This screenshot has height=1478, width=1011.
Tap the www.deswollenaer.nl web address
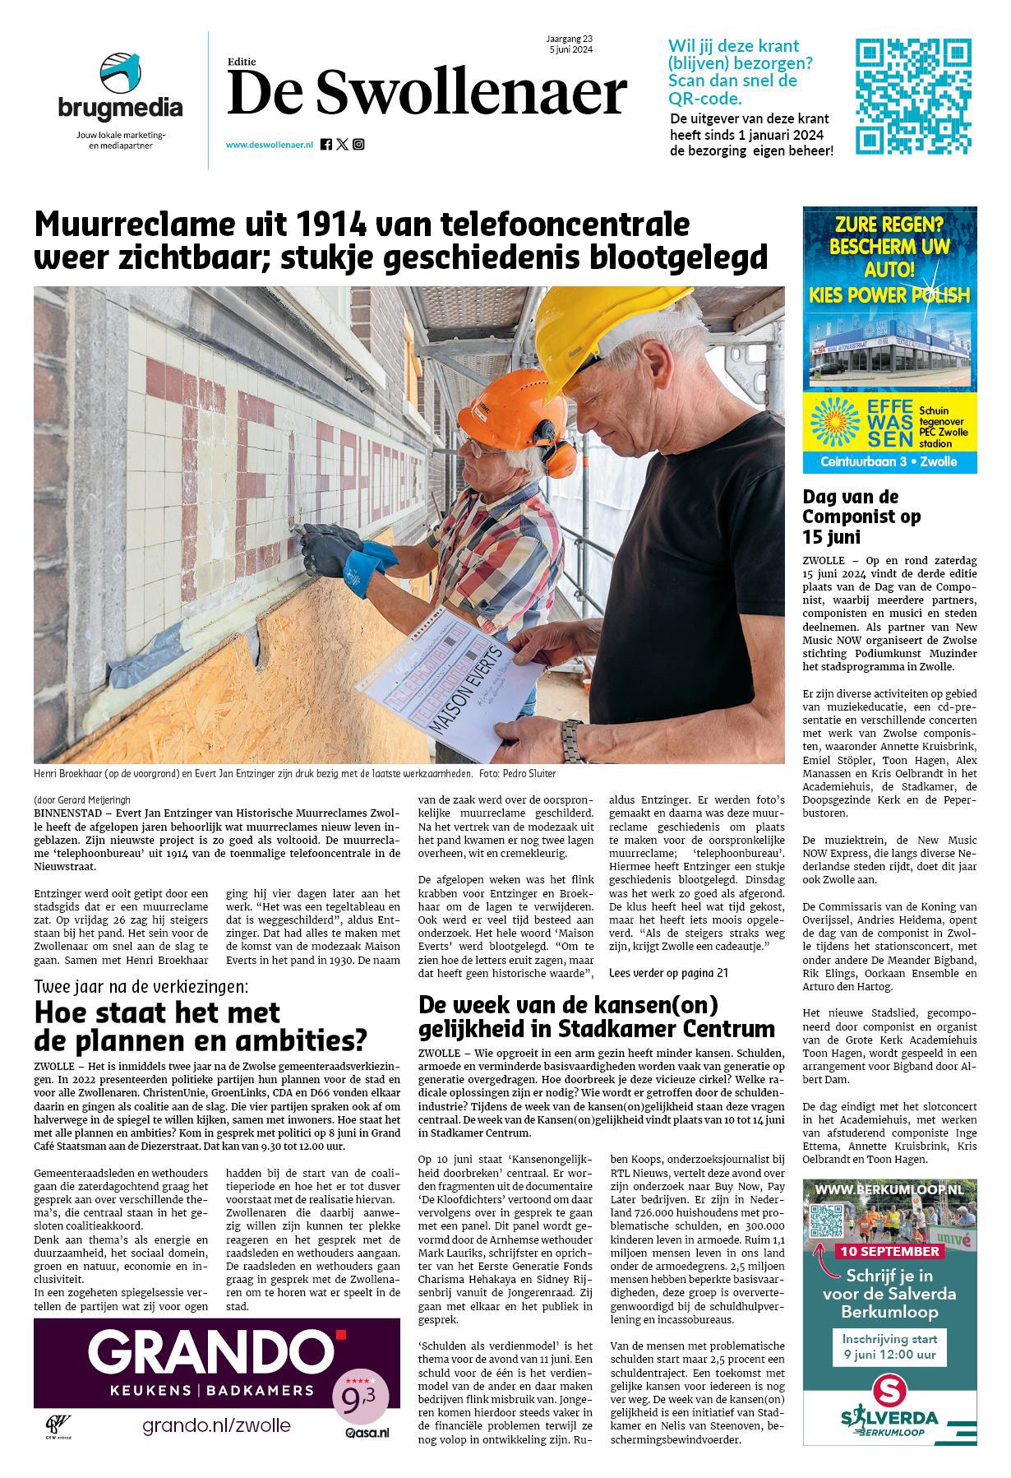tap(270, 145)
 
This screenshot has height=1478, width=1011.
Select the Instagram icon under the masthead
tap(358, 145)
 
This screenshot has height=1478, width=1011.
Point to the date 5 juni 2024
tap(571, 49)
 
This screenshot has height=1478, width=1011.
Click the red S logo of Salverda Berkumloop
tap(890, 1391)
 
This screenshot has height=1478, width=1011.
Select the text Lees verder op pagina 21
tap(668, 973)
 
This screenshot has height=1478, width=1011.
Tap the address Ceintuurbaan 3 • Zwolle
tap(889, 462)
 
